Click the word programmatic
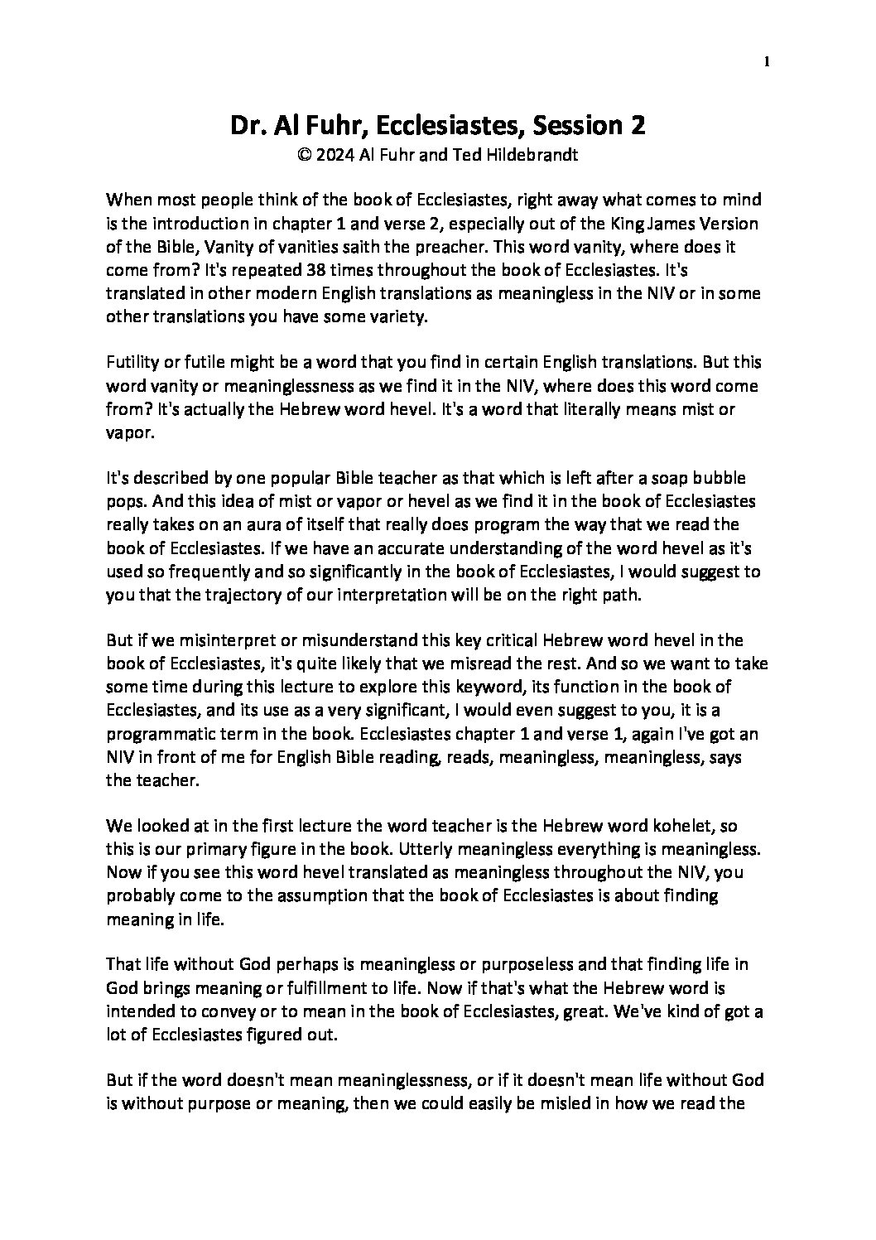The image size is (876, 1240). point(155,733)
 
